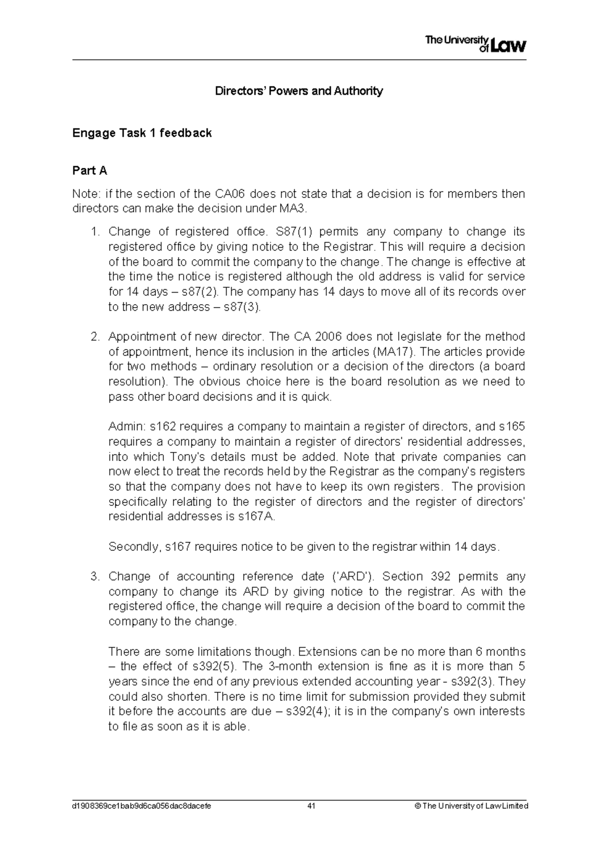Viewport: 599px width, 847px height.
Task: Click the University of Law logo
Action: [x=475, y=44]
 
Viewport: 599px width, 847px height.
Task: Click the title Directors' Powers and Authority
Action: [x=299, y=91]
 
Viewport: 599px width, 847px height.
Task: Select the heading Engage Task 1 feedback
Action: [x=142, y=133]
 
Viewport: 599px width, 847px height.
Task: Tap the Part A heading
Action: [x=89, y=171]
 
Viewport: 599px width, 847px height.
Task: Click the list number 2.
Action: [x=95, y=337]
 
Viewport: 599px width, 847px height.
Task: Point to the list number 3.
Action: [x=95, y=577]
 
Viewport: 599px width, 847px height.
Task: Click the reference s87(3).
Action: [x=242, y=307]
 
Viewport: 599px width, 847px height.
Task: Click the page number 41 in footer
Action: [x=312, y=806]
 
